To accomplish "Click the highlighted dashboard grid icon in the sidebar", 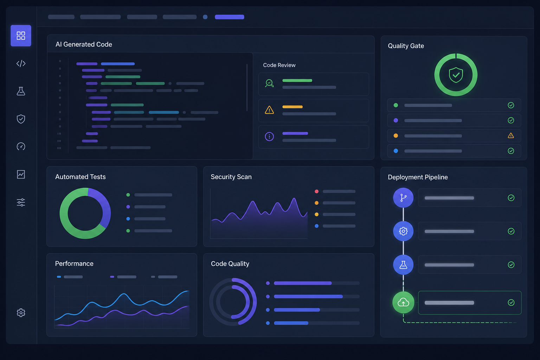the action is pyautogui.click(x=21, y=36).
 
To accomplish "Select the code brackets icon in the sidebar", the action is pyautogui.click(x=21, y=63).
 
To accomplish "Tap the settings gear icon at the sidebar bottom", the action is pyautogui.click(x=21, y=313).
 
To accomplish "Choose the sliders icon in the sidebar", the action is pyautogui.click(x=21, y=202).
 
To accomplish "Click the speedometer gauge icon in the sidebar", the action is pyautogui.click(x=21, y=146).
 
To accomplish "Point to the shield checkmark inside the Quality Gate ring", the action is pyautogui.click(x=456, y=75).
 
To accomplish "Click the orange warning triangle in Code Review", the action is pyautogui.click(x=269, y=110).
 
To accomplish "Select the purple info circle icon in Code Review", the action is pyautogui.click(x=269, y=136).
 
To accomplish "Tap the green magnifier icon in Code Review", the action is pyautogui.click(x=269, y=83).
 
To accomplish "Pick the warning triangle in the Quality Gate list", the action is pyautogui.click(x=510, y=135).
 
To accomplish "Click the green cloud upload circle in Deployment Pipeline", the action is pyautogui.click(x=403, y=302).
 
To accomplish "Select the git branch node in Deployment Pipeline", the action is pyautogui.click(x=403, y=198).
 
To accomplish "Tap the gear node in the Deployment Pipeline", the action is pyautogui.click(x=403, y=231).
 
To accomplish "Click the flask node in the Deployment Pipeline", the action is pyautogui.click(x=403, y=265).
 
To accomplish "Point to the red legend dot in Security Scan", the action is pyautogui.click(x=317, y=192).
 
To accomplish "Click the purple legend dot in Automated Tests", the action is pyautogui.click(x=128, y=207).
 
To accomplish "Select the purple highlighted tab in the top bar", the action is pyautogui.click(x=230, y=17).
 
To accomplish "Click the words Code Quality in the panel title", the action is pyautogui.click(x=230, y=264).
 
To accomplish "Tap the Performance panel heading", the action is pyautogui.click(x=74, y=263).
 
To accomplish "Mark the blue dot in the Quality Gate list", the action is pyautogui.click(x=396, y=151).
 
